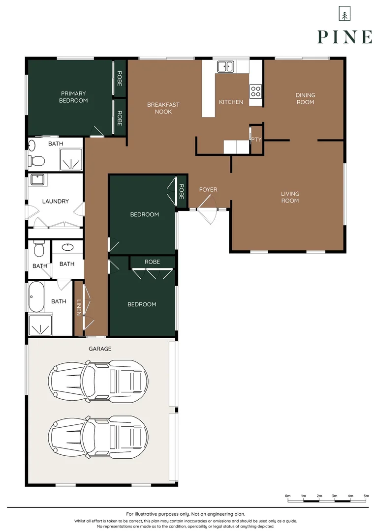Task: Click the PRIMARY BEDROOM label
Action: (73, 97)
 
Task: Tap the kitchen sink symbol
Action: (225, 66)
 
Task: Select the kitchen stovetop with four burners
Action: (255, 91)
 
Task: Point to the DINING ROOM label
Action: (305, 98)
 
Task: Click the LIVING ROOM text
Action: (290, 197)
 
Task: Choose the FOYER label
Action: (208, 189)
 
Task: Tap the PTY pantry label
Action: (256, 140)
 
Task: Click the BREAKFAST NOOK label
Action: (163, 108)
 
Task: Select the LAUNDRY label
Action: (55, 201)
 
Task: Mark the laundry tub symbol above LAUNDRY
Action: (38, 179)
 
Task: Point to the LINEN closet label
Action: (79, 308)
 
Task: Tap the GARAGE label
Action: (100, 349)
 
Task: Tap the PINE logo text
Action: (345, 37)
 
